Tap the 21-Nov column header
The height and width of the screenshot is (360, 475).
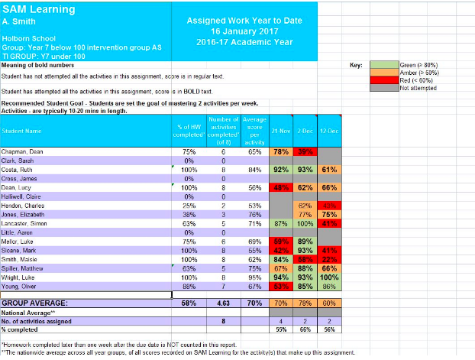tap(280, 131)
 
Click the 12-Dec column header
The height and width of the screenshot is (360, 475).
tap(329, 131)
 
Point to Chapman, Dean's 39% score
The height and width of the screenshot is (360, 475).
tap(305, 153)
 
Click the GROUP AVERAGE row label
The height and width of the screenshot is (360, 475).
tap(34, 303)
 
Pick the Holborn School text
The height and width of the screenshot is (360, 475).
tap(24, 37)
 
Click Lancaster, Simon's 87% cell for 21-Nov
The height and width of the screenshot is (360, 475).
tap(280, 225)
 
